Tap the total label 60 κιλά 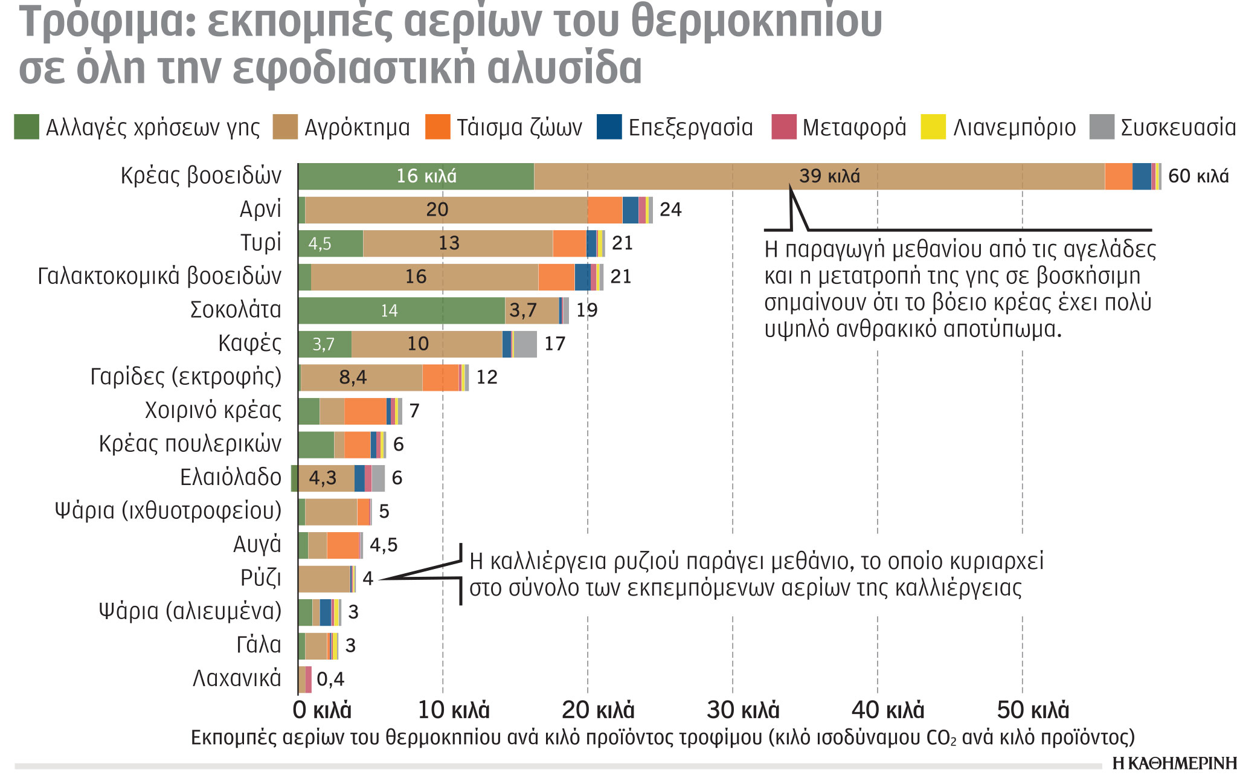coord(1198,176)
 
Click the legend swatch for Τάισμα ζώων coord(437,127)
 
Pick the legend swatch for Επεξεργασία coord(609,127)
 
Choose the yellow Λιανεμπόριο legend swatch coord(933,127)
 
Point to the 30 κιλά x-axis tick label coord(743,710)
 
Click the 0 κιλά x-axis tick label coord(321,710)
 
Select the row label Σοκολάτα coord(236,310)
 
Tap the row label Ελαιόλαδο coord(230,477)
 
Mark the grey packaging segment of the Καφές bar coord(525,344)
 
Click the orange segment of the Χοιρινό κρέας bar coord(365,411)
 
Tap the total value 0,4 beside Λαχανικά coord(330,679)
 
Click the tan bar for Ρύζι coord(324,579)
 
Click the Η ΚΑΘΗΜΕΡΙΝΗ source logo coord(1174,764)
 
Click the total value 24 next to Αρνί coord(670,210)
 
